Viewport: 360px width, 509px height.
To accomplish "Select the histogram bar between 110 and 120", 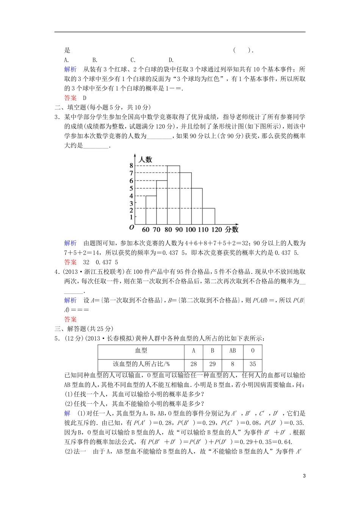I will [209, 216].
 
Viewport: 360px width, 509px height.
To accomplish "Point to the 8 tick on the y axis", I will [131, 166].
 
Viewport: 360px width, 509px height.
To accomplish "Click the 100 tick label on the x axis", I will [191, 230].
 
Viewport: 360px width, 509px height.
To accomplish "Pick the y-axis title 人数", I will [145, 159].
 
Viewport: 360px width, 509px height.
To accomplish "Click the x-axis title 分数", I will [232, 230].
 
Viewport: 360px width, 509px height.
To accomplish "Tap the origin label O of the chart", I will [131, 228].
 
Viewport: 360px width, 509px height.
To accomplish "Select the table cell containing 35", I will [253, 364].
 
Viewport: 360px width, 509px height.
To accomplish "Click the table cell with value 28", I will [194, 364].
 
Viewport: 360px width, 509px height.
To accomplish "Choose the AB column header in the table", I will [233, 351].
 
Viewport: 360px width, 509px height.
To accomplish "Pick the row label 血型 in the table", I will [141, 351].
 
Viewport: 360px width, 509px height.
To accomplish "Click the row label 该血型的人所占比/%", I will [141, 364].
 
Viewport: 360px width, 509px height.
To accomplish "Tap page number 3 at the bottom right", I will [304, 476].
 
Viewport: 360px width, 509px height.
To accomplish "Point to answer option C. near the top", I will [133, 60].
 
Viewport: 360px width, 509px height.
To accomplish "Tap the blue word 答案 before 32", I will [70, 262].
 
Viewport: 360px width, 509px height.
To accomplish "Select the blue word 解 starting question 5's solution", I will [67, 413].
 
